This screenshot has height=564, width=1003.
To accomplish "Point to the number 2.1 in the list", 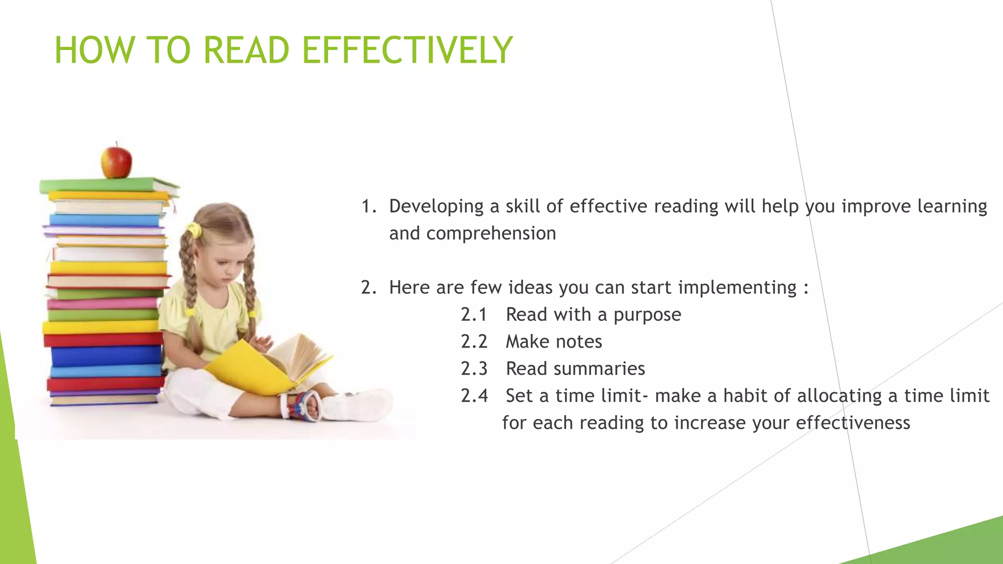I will click(x=474, y=315).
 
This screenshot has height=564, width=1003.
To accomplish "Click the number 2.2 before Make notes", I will click(x=474, y=342).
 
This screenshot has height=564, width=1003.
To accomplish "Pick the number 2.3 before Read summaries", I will click(x=474, y=369).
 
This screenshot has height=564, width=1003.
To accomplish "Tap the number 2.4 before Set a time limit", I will click(x=474, y=396).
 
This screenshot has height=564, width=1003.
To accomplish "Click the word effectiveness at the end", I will click(x=853, y=423).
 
